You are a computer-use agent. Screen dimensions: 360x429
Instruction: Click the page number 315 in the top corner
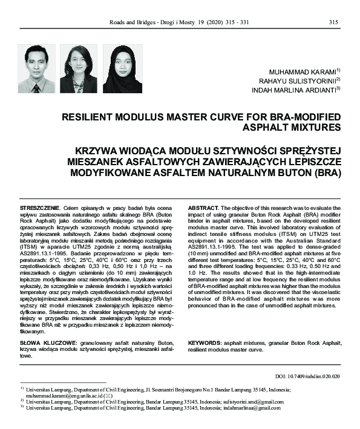(x=333, y=22)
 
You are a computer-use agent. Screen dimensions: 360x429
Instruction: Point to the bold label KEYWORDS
(x=205, y=342)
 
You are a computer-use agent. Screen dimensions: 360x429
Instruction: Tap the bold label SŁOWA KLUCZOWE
(x=44, y=342)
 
